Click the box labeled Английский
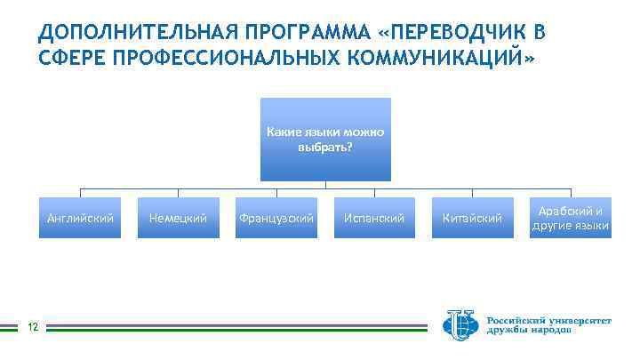click(x=81, y=218)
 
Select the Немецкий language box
click(x=179, y=218)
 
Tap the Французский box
click(x=276, y=218)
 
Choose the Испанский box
click(x=374, y=218)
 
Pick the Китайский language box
click(x=472, y=218)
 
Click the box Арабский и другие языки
click(x=570, y=218)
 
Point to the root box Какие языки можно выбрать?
click(x=325, y=139)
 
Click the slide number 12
click(x=32, y=328)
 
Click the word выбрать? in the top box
click(x=325, y=146)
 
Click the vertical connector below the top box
click(x=325, y=185)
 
